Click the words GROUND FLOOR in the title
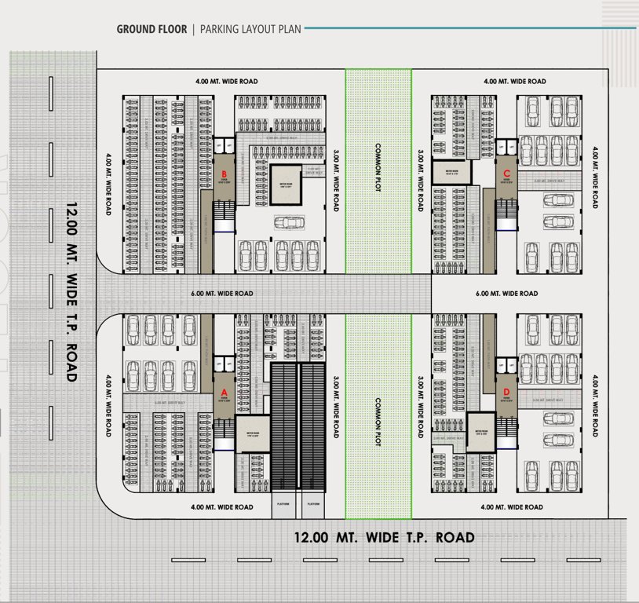tap(152, 30)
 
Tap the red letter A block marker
tap(224, 390)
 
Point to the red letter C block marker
tap(506, 173)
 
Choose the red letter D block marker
tap(506, 390)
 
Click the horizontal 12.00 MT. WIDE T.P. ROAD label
tap(384, 538)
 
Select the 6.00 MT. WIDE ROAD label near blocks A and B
tap(222, 294)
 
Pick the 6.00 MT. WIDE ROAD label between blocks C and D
tap(506, 294)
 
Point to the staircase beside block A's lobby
tap(224, 430)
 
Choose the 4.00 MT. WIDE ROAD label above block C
tap(514, 81)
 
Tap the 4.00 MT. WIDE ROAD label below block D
tap(512, 507)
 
